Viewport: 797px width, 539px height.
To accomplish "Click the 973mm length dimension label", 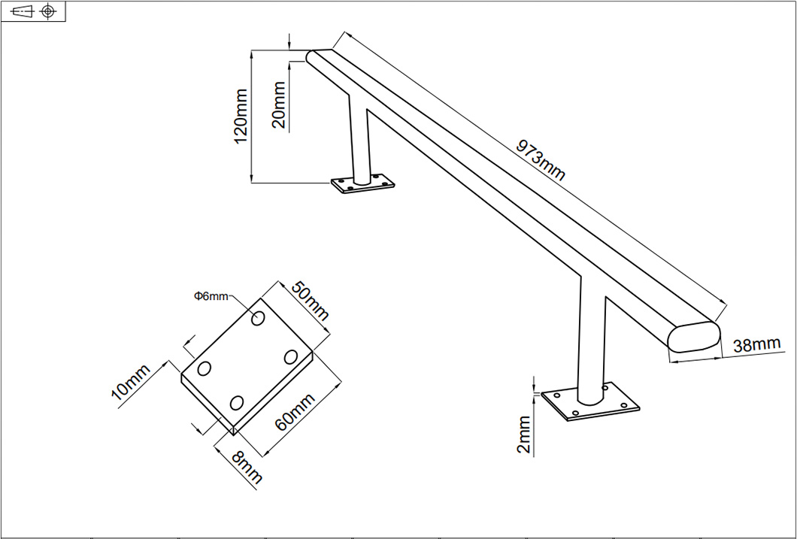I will [540, 159].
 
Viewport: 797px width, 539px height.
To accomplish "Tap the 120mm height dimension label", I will [241, 117].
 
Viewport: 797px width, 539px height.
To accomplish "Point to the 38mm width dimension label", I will [756, 346].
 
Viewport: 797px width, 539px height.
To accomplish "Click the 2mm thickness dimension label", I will [524, 435].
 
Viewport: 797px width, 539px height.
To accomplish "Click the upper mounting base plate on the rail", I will [363, 184].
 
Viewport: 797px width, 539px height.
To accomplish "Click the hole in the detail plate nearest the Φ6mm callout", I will [258, 319].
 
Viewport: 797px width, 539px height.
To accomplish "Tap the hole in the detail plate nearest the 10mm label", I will [204, 370].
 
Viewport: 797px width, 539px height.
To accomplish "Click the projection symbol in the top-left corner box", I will [33, 11].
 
